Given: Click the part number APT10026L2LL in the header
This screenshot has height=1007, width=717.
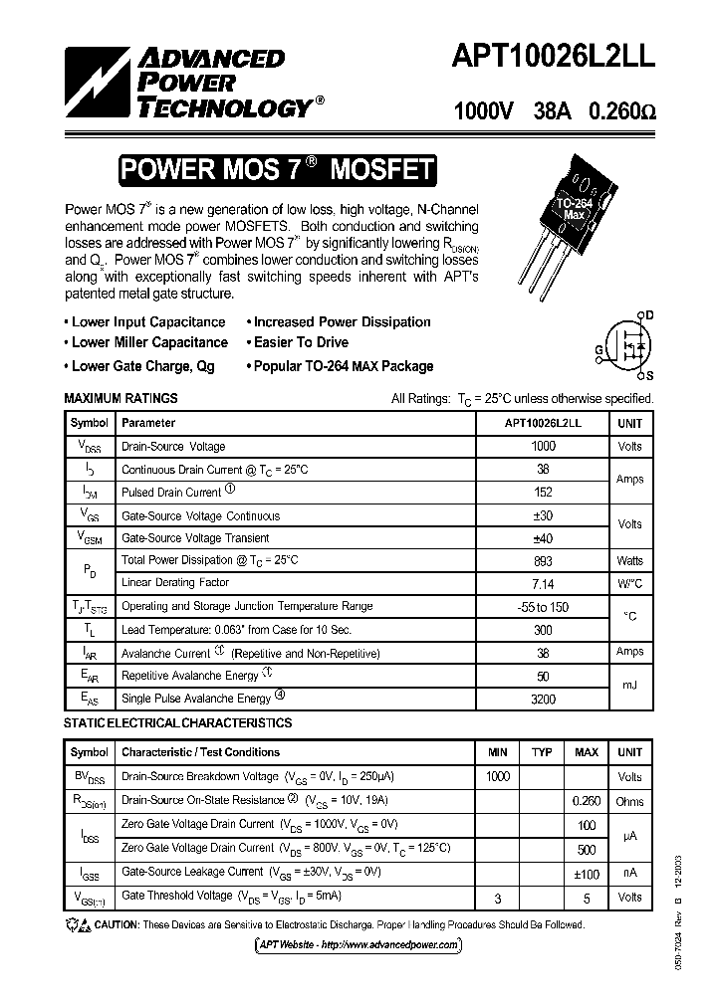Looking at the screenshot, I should coord(554,59).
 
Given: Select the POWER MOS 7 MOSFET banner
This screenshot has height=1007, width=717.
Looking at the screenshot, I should coord(277,170).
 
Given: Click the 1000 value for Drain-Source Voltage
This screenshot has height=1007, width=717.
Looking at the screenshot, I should coord(544,447).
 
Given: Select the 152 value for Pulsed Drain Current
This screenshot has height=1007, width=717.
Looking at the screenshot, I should coord(544,493).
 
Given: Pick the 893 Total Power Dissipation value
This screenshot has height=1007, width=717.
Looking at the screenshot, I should coord(544,560).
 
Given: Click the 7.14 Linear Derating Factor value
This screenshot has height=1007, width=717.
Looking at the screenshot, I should coord(544,583).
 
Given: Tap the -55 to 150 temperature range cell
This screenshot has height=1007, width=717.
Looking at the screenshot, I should coord(544,606).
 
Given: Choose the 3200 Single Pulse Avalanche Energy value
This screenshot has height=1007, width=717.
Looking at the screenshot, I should coord(544,699).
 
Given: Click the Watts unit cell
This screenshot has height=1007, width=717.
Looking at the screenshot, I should coord(629,560).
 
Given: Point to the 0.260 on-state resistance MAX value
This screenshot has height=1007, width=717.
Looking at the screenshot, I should coord(587,801).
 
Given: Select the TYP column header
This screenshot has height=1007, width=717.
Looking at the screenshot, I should coord(542,752).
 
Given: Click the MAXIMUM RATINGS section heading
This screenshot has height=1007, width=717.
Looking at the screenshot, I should coord(120,398).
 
